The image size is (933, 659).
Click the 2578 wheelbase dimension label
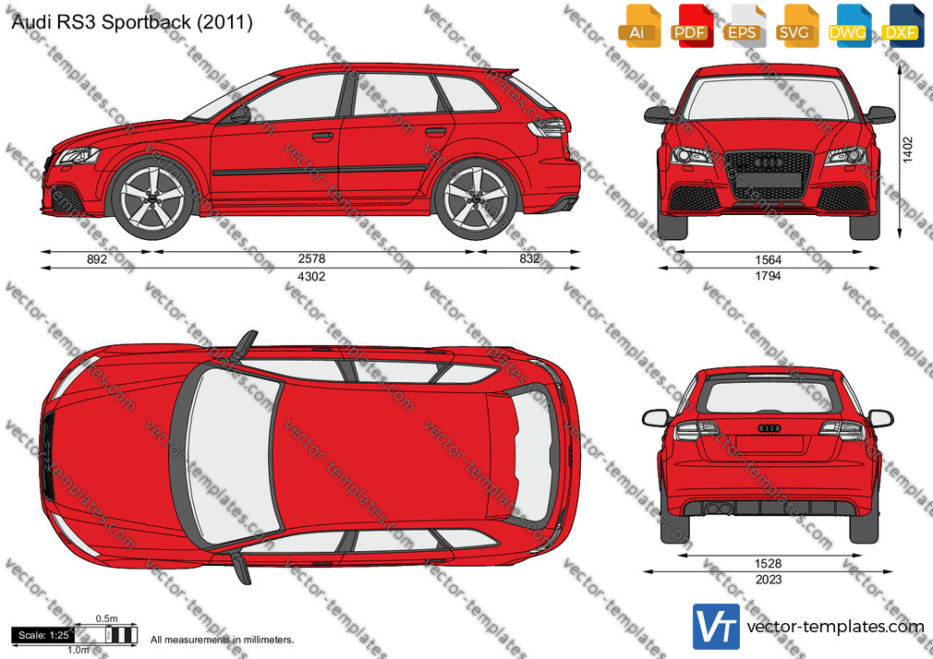click(x=312, y=258)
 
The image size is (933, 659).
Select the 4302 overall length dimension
click(x=312, y=277)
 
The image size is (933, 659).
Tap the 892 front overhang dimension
click(x=97, y=258)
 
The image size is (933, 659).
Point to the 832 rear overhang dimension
click(x=529, y=258)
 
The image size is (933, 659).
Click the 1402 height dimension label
click(x=907, y=150)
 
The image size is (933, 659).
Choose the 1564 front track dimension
click(x=769, y=260)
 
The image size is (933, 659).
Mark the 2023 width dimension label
click(x=769, y=580)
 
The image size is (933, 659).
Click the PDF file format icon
click(x=690, y=26)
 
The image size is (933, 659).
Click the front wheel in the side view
click(x=153, y=198)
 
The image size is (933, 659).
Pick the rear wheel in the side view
click(x=476, y=198)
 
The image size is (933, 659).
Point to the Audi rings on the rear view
click(x=769, y=428)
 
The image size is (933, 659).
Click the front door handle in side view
click(x=321, y=137)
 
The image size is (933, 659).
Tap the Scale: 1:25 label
click(x=43, y=635)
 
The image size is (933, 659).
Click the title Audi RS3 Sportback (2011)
click(x=132, y=22)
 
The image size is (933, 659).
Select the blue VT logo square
click(x=717, y=627)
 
